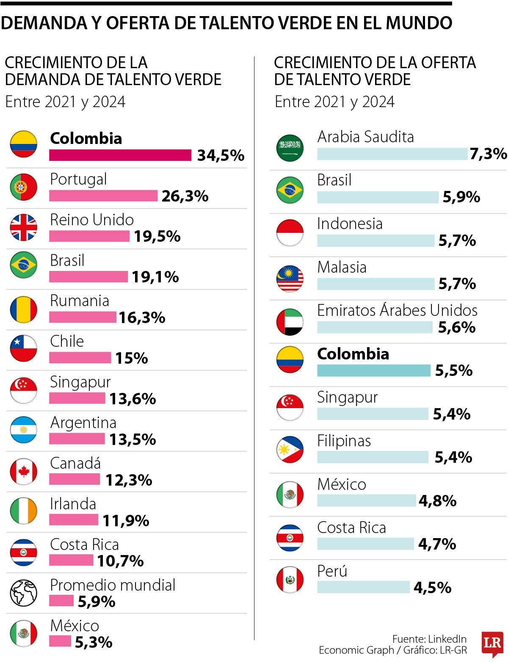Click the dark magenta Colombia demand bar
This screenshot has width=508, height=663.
point(120,155)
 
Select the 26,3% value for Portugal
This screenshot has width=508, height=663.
point(185,196)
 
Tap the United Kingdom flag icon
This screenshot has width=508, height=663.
point(24,227)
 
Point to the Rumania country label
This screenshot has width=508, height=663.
point(80,301)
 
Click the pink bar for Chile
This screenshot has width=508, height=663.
point(80,358)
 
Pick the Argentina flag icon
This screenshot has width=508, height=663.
point(24,430)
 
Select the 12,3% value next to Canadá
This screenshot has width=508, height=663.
point(129,480)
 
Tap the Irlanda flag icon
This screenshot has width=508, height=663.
point(24,511)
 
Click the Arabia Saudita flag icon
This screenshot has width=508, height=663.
point(290,148)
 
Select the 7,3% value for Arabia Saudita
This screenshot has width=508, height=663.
point(488,154)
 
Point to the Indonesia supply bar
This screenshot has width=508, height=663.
point(375,240)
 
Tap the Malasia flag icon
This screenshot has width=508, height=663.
point(290,279)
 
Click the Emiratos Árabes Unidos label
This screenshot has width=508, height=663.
point(397,310)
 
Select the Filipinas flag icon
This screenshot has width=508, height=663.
point(290,450)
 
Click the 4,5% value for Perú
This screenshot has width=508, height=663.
point(432,588)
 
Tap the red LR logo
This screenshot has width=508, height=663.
point(492,644)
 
